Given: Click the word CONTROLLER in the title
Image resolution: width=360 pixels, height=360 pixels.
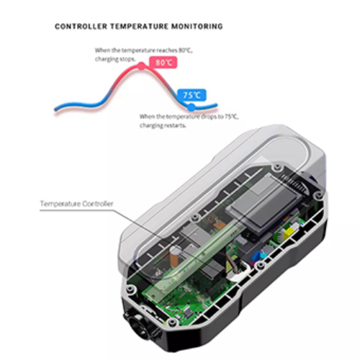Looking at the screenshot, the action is point(81,26).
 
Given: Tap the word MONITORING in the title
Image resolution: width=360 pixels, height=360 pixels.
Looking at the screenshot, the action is point(197,26).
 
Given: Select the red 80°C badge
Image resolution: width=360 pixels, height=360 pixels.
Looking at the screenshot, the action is point(163,63).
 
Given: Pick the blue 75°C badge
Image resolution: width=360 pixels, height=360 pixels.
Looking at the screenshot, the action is point(192,95).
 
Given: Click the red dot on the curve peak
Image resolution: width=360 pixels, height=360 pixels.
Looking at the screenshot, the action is point(142,66).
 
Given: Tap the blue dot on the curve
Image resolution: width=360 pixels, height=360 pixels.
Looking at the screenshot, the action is point(191,107).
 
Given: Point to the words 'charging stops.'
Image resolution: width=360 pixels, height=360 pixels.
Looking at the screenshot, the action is point(115,59).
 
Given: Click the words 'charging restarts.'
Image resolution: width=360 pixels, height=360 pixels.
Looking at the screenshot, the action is point(163,125).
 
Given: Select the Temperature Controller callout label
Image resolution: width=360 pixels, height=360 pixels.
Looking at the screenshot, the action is point(76,204).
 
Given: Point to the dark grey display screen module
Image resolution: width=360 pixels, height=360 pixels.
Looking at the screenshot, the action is point(263,206).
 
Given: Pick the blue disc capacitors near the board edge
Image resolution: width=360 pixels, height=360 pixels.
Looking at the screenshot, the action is point(261,255).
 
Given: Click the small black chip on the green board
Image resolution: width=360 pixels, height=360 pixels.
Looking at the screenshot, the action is point(189,312).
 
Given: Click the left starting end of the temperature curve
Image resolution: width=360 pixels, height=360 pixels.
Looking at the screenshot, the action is point(55,109).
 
